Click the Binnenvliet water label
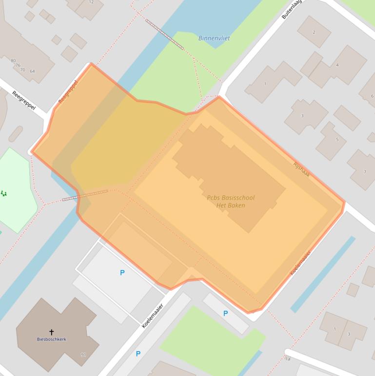[x=214, y=38]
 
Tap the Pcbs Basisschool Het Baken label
[x=231, y=202]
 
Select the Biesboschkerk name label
[x=52, y=339]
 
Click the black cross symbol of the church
[x=52, y=332]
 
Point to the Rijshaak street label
[x=301, y=169]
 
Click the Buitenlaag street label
[x=292, y=9]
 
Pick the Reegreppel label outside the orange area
[x=24, y=101]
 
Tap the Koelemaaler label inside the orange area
[x=300, y=263]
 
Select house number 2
[x=314, y=32]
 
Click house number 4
[x=337, y=65]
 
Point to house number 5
[x=337, y=140]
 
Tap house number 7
[x=365, y=172]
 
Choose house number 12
[x=91, y=2]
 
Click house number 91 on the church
[x=83, y=355]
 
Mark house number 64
[x=32, y=71]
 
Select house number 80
[x=13, y=61]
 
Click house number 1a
[x=288, y=359]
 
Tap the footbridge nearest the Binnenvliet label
[x=165, y=34]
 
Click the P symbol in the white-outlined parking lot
[x=122, y=273]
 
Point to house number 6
[x=372, y=96]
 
